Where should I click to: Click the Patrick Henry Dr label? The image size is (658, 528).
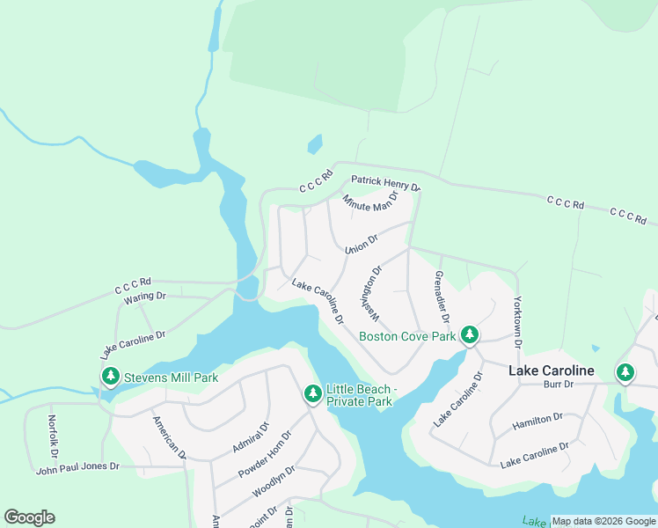(x=385, y=182)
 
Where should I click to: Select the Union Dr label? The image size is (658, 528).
(x=361, y=243)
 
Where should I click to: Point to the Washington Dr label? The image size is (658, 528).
(x=370, y=294)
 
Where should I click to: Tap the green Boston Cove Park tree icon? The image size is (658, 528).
(x=470, y=335)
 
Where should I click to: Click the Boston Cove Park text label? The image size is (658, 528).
(x=407, y=336)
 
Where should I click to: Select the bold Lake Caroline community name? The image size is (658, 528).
(x=552, y=370)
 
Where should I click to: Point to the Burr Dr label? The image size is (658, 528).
(x=558, y=385)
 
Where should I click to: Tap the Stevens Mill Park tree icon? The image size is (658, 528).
(x=110, y=378)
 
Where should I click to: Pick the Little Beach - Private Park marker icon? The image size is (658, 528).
(x=312, y=394)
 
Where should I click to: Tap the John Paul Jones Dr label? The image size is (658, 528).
(x=77, y=467)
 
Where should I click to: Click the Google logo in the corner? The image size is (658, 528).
(x=29, y=517)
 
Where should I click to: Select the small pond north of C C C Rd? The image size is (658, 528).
(x=314, y=144)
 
